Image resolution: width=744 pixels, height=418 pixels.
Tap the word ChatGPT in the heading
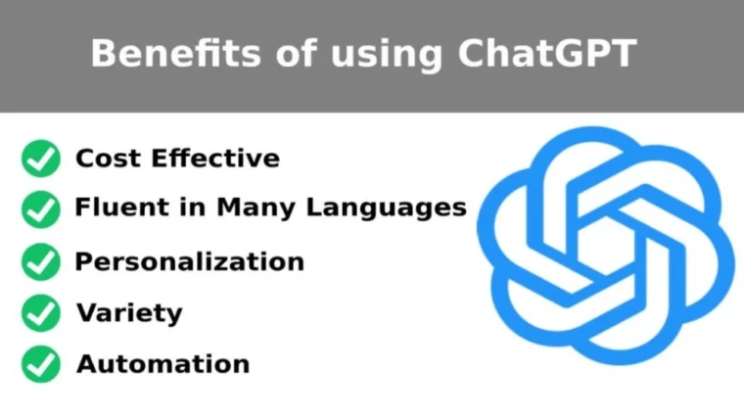pyautogui.click(x=553, y=53)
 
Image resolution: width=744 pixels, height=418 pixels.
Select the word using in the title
pyautogui.click(x=387, y=55)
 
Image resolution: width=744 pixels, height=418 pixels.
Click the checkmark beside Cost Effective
pyautogui.click(x=41, y=159)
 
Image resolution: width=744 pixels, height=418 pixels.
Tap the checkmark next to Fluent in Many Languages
pyautogui.click(x=41, y=209)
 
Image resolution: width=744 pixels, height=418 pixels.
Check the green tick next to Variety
pyautogui.click(x=41, y=313)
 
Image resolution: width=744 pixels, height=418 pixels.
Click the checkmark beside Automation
pyautogui.click(x=41, y=364)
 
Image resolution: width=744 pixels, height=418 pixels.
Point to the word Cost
pyautogui.click(x=106, y=159)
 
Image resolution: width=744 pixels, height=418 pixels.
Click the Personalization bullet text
pyautogui.click(x=189, y=262)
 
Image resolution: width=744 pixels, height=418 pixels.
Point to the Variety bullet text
pyautogui.click(x=129, y=314)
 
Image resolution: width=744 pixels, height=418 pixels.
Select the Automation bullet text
pyautogui.click(x=163, y=365)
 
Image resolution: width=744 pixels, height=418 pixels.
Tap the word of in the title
pyautogui.click(x=286, y=53)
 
